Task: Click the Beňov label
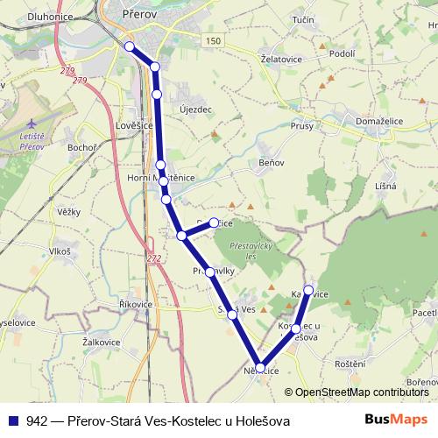pos(272,164)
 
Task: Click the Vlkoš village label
pos(60,251)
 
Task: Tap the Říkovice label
pos(136,304)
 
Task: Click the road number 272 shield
pos(154,258)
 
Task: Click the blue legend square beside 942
pos(12,420)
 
